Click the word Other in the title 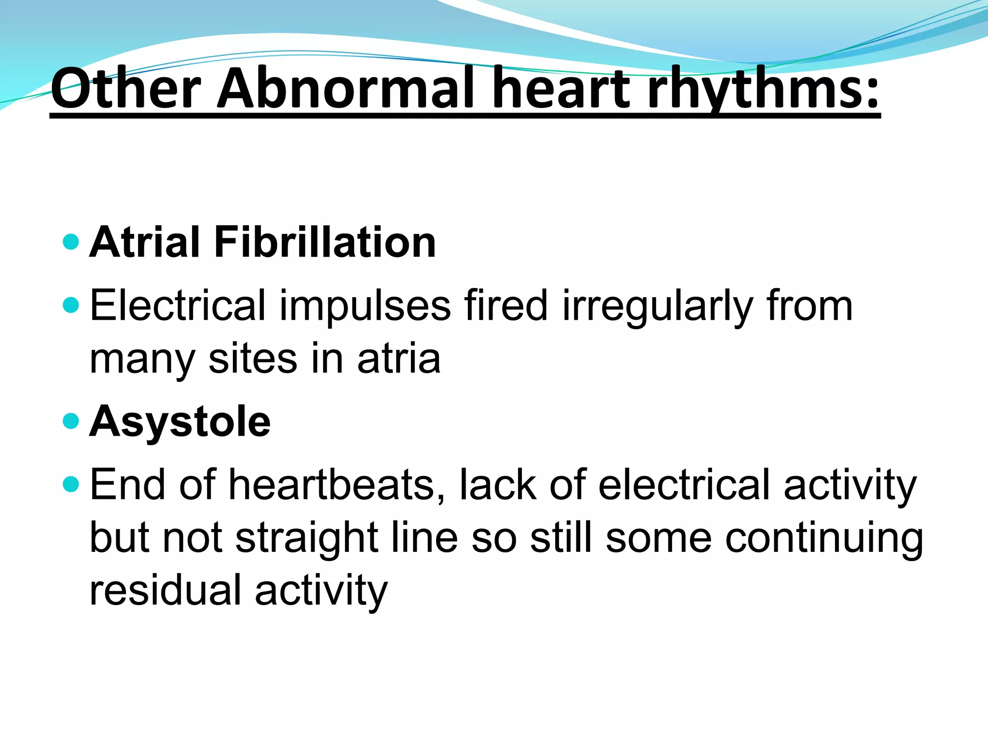click(x=126, y=89)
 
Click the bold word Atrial click(x=145, y=242)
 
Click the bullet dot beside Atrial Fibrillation click(x=71, y=242)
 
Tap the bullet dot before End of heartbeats click(x=71, y=484)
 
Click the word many click(x=142, y=359)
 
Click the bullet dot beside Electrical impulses click(x=71, y=305)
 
